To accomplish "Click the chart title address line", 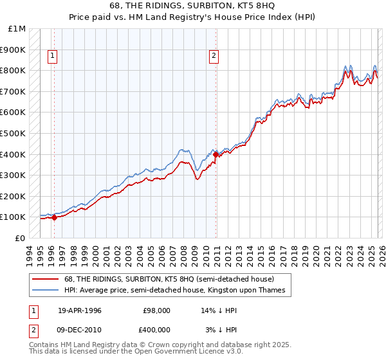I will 192,6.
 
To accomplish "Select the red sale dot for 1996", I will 54,217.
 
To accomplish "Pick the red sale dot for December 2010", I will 215,154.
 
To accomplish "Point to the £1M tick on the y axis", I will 17,29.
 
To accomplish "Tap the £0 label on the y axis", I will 21,238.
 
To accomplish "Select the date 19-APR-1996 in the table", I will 80,310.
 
